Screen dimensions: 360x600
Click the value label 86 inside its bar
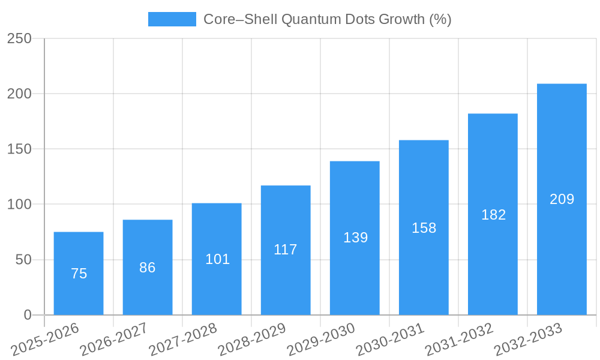[148, 268]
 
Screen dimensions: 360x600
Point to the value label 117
[286, 250]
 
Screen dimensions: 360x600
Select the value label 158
[424, 228]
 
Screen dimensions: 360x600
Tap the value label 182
[493, 215]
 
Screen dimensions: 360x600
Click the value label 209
[562, 199]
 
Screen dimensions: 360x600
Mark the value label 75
[79, 274]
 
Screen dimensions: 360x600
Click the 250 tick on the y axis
[19, 38]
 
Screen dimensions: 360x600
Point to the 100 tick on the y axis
[19, 205]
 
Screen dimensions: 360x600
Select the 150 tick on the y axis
[19, 149]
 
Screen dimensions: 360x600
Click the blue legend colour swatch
[172, 19]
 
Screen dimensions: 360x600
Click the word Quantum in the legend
[310, 19]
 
